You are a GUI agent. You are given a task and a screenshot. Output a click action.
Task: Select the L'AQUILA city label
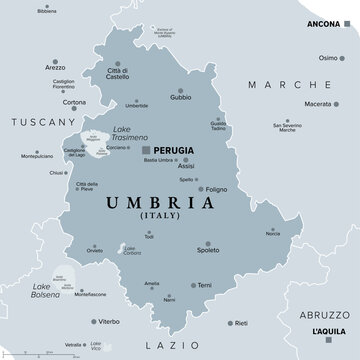point(329,330)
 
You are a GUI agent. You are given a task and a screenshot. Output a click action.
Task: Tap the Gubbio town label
point(180,98)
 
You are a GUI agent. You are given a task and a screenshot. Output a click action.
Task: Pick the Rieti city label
point(242,323)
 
